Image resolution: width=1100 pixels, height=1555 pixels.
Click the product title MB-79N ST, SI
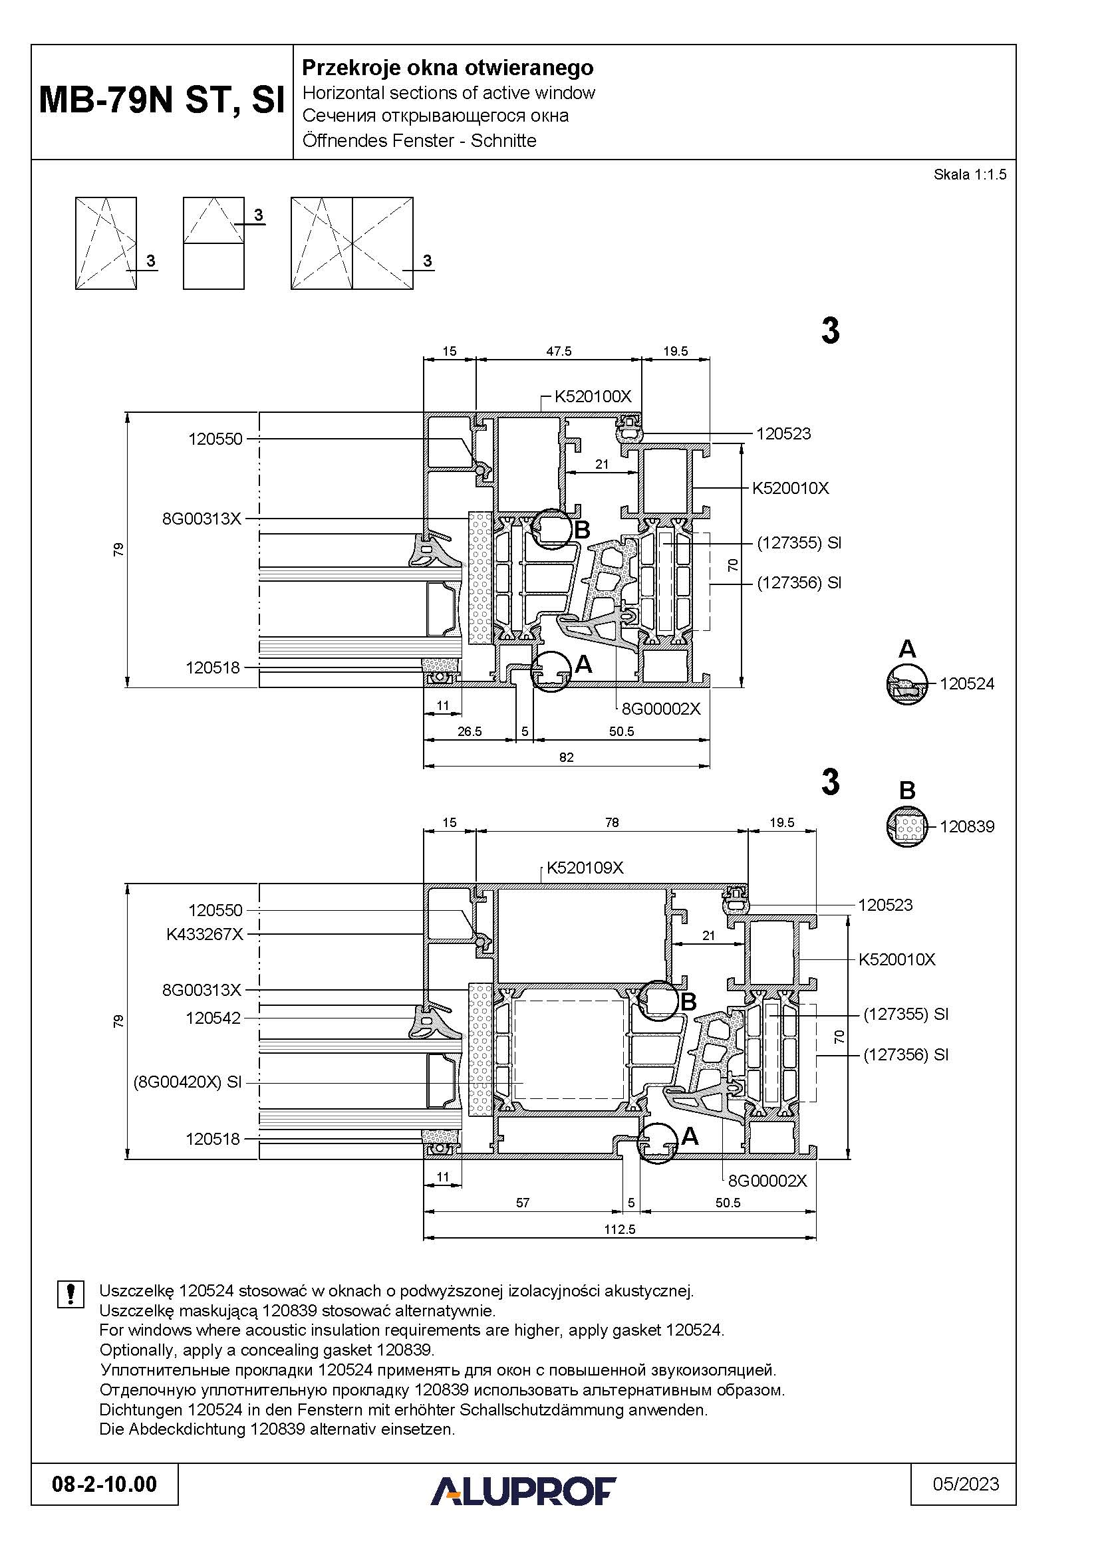coord(162,101)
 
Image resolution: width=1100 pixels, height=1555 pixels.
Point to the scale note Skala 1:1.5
coord(970,174)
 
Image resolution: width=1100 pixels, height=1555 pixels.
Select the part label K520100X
coord(593,396)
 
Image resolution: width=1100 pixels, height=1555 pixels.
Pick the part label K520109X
coord(585,868)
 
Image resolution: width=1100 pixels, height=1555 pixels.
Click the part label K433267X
coord(205,935)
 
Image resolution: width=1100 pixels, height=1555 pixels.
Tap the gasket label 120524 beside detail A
coord(966,683)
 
